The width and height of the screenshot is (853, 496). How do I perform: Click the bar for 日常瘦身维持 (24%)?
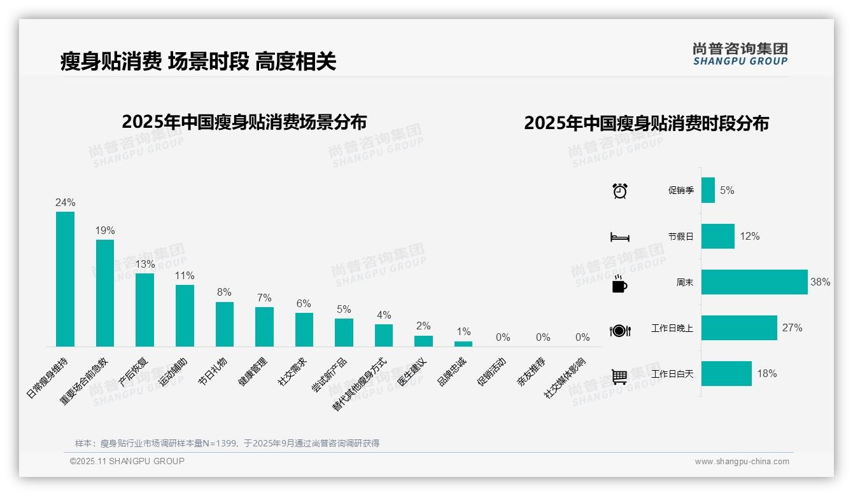coord(65,279)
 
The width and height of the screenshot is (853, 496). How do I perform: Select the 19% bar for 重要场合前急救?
coord(105,293)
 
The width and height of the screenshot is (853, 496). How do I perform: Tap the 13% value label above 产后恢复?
coord(145,264)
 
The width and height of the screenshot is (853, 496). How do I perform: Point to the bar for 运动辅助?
coord(185,315)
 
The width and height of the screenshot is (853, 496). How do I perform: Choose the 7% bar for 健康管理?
coord(264,326)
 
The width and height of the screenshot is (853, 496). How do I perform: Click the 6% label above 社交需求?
coord(304,304)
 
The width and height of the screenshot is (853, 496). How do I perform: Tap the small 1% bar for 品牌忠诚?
coord(463,343)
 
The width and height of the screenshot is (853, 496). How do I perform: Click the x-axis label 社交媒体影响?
coord(564,378)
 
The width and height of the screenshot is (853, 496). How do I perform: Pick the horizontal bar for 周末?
coord(754,282)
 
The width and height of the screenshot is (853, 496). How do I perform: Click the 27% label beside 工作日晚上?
coord(792,328)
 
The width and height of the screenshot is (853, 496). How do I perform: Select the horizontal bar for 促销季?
coord(708,190)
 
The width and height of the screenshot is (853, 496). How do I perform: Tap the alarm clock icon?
coord(619,191)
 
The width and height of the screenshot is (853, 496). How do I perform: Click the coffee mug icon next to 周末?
coord(619,284)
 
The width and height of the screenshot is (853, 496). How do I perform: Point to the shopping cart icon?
coord(619,376)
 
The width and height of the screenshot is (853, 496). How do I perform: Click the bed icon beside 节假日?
coord(619,237)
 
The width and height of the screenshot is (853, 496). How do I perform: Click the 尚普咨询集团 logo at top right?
coord(740,54)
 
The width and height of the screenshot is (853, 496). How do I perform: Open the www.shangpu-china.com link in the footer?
coord(742,462)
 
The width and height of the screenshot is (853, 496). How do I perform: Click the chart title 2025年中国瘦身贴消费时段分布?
coord(646,123)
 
